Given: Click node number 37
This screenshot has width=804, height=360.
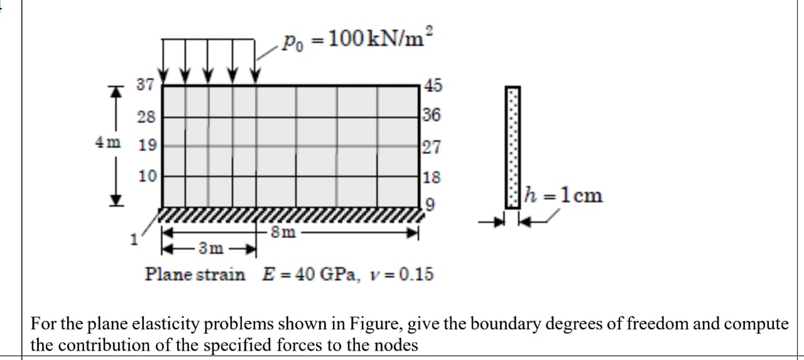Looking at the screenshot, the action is pyautogui.click(x=145, y=85).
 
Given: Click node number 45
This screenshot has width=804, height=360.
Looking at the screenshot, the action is pyautogui.click(x=433, y=85).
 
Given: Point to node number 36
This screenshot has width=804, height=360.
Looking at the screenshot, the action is pyautogui.click(x=432, y=116).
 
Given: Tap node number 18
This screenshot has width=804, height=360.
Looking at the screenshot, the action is pyautogui.click(x=432, y=177).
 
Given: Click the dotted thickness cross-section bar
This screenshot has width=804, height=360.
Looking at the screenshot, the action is pyautogui.click(x=514, y=146).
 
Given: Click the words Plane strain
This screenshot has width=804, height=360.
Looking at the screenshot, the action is pyautogui.click(x=195, y=275).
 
